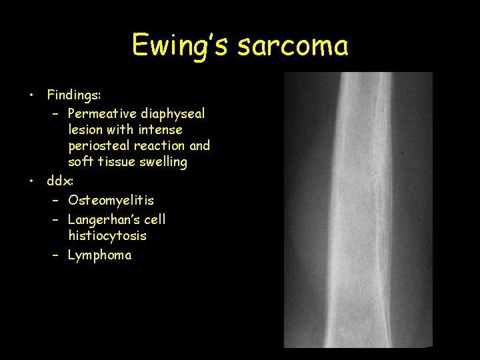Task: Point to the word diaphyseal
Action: [x=172, y=114]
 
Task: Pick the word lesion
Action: [x=85, y=129]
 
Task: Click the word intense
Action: [x=160, y=129]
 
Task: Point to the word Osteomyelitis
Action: [x=111, y=200]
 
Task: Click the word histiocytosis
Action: [x=107, y=235]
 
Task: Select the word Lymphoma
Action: [x=100, y=255]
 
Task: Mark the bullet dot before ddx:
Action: [x=31, y=181]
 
